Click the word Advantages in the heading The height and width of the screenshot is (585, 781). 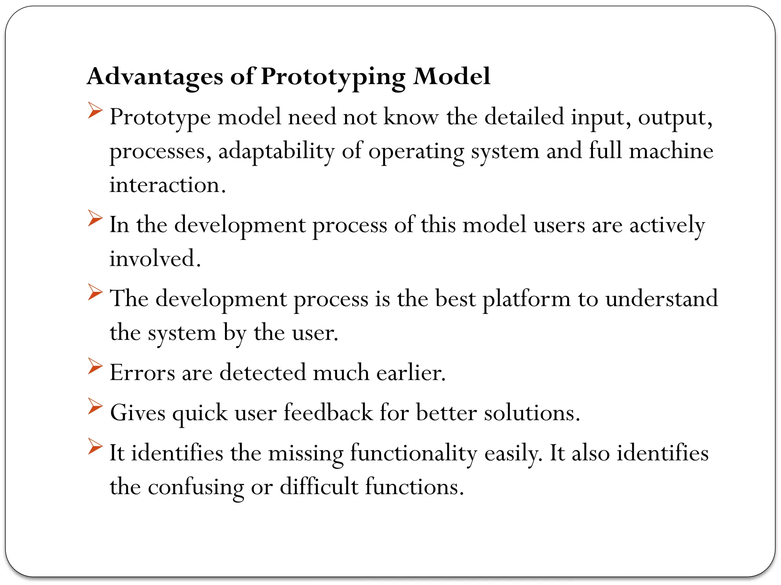tap(155, 77)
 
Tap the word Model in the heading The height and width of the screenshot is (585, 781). tap(452, 77)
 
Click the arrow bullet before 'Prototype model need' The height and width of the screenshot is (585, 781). tap(95, 110)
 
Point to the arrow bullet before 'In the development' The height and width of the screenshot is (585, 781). tap(95, 218)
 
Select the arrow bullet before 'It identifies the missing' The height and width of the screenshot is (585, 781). tap(95, 446)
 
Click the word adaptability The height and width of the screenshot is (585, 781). tap(276, 152)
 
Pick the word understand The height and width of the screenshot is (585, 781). tap(662, 299)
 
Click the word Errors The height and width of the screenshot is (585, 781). tap(142, 373)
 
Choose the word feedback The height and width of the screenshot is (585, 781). tap(328, 413)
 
